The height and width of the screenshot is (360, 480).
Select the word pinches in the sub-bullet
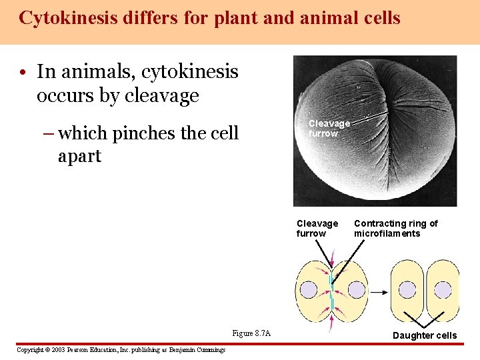point(141,133)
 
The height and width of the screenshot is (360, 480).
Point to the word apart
point(80,156)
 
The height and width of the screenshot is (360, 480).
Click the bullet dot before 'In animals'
point(23,72)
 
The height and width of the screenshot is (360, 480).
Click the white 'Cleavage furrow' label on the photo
point(329,128)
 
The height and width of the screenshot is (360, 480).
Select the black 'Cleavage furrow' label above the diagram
point(317,228)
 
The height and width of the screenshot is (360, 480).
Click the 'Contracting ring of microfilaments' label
point(396,228)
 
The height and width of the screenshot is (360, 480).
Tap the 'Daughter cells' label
point(425,335)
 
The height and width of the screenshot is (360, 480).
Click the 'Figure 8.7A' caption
point(251,333)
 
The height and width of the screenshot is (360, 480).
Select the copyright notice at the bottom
point(121,350)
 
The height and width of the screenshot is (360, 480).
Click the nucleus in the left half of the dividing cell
point(309,290)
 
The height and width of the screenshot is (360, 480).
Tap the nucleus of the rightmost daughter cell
point(443,290)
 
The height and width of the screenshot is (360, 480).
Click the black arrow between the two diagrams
point(379,291)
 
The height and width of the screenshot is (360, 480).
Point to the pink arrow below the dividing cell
point(331,319)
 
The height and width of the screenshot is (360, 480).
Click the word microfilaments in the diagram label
point(387,233)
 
